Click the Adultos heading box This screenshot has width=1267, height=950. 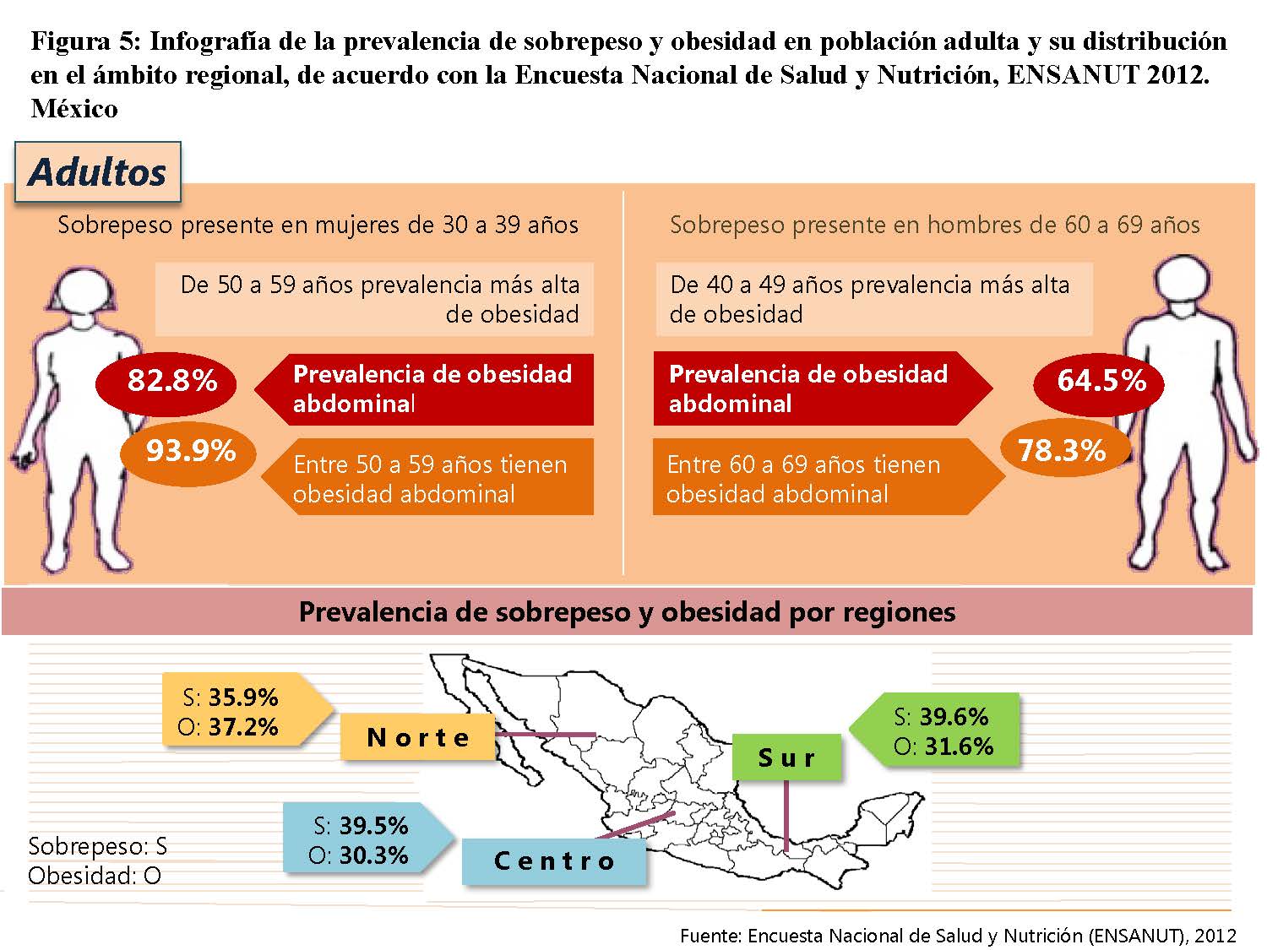[x=97, y=172]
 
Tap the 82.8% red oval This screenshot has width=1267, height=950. [x=166, y=383]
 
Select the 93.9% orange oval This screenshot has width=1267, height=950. [x=188, y=453]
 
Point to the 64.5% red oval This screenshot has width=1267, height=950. [x=1099, y=384]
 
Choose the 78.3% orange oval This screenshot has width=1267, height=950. [x=1065, y=450]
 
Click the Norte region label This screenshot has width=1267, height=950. [x=418, y=736]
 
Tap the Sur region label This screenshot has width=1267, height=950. [x=786, y=757]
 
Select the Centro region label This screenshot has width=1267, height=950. [x=554, y=860]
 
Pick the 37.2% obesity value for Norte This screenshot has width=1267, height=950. [x=243, y=727]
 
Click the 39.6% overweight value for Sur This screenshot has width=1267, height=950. [x=954, y=716]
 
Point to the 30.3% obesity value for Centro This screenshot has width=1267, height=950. [x=373, y=855]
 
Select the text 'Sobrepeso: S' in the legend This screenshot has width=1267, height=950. [x=97, y=846]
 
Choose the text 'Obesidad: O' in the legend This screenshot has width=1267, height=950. [x=95, y=876]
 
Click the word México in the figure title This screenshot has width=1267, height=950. [x=74, y=108]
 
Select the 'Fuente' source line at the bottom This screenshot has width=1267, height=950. [x=958, y=936]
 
